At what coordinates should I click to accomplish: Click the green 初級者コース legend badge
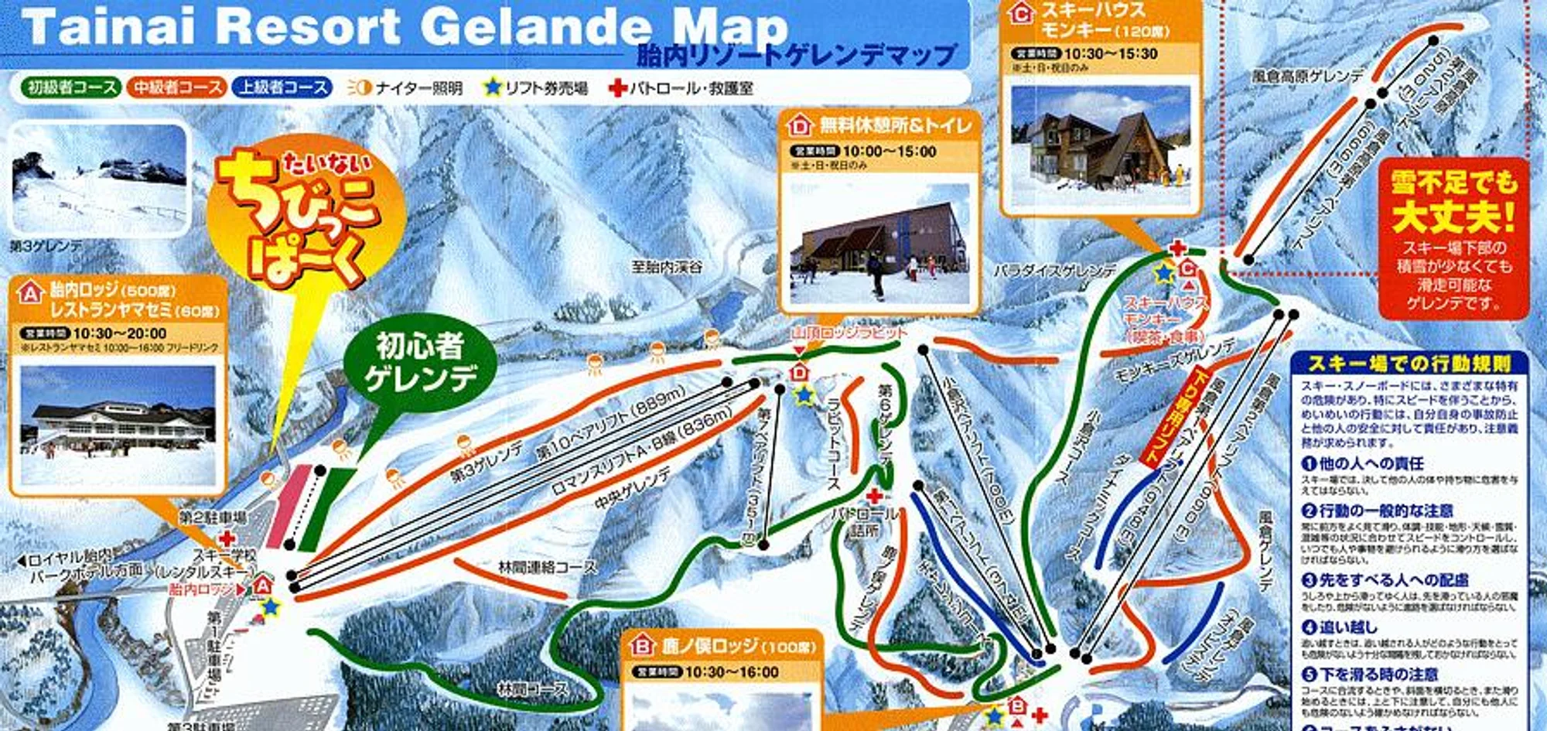(70, 87)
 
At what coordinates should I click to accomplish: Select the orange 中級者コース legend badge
(176, 87)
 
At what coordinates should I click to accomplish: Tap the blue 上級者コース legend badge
(282, 87)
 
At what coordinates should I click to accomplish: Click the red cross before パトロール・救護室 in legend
(617, 87)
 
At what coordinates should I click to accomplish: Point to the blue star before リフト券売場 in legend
(492, 87)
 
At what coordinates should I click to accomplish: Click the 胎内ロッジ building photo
(118, 425)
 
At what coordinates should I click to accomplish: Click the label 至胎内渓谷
(667, 267)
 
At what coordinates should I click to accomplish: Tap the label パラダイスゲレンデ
(1055, 272)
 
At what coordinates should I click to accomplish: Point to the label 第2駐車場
(213, 517)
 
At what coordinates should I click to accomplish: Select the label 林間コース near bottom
(533, 688)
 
